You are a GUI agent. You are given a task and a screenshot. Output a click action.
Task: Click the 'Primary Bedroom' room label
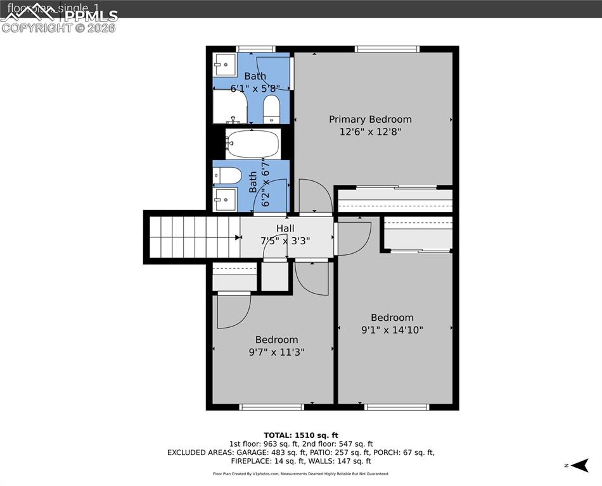click(370, 119)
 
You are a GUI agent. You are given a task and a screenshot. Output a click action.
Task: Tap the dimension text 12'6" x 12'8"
click(370, 132)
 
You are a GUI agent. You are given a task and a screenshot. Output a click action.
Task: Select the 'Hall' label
click(285, 228)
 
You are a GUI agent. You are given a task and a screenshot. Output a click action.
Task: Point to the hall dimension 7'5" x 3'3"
click(285, 241)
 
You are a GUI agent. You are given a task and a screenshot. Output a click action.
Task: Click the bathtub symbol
click(253, 144)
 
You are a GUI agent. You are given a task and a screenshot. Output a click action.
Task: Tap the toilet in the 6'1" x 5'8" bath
click(271, 109)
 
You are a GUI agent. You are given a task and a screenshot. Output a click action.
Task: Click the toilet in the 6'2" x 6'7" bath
click(226, 175)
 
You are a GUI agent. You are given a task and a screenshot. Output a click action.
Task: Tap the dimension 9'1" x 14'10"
click(392, 330)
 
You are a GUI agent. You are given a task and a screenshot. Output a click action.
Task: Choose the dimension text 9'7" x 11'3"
click(277, 352)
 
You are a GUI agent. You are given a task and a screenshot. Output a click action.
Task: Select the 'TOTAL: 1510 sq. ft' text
click(301, 435)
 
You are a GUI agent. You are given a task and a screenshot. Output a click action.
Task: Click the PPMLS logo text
click(92, 16)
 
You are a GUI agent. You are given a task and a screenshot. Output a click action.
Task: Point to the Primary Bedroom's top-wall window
click(387, 49)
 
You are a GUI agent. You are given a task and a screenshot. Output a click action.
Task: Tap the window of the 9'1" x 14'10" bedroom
click(392, 407)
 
